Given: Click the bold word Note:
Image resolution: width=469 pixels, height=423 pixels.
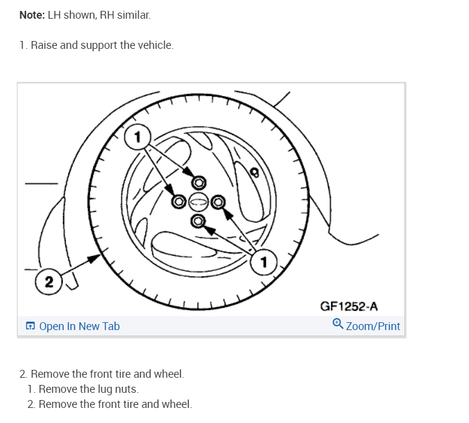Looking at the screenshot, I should (x=31, y=15).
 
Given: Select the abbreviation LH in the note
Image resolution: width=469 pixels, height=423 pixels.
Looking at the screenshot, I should (x=54, y=15).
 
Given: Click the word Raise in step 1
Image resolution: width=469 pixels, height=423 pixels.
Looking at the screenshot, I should (x=44, y=45).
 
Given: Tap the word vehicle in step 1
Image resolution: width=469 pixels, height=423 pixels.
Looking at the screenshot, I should (x=155, y=45).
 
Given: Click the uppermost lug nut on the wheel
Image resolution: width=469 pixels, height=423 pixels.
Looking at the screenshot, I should (x=198, y=182).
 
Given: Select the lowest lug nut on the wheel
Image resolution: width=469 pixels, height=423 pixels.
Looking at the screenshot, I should (x=197, y=221).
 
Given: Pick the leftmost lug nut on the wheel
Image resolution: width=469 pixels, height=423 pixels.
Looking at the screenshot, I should (x=178, y=201).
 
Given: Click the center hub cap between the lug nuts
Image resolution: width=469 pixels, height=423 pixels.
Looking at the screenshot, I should (x=198, y=202).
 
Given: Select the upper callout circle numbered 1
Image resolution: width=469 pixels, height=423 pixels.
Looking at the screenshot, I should (x=137, y=137).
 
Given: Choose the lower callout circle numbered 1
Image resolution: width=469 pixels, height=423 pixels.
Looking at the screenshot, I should (x=264, y=261).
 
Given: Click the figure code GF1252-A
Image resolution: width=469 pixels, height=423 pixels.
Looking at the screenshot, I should (x=349, y=307).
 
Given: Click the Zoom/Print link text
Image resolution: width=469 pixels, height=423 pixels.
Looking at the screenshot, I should (x=373, y=326).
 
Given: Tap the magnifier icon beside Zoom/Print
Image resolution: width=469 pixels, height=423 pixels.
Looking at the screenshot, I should (x=338, y=324).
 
